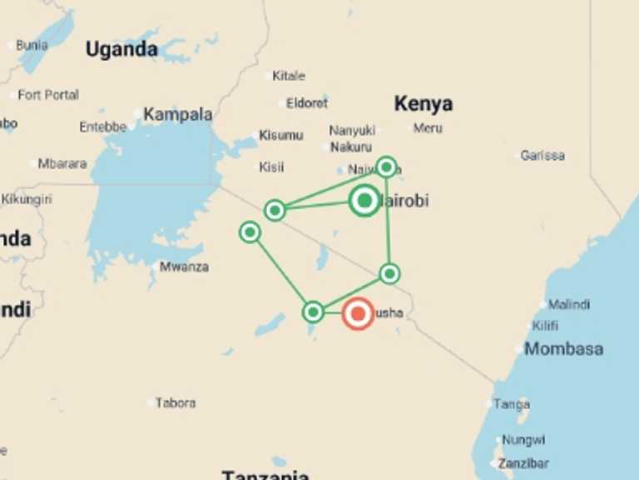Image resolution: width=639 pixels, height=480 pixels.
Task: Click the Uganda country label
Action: coord(121,49)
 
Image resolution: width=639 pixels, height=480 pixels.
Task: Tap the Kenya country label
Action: coord(424,103)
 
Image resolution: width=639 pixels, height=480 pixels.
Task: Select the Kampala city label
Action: coord(177,115)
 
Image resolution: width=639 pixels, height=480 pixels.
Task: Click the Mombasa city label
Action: coord(563,348)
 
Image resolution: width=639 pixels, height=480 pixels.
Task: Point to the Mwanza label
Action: coord(184,267)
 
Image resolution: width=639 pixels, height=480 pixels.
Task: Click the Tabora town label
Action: coord(175,402)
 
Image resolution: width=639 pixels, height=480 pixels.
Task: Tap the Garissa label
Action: coord(542,155)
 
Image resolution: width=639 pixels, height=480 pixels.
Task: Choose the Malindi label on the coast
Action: coord(569,304)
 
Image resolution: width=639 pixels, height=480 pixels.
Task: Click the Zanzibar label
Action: coord(523,463)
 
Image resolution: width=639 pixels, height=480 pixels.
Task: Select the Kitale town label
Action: coord(289,76)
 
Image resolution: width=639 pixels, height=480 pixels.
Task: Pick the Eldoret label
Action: coord(307,103)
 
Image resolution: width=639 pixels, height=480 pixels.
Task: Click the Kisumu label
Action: coord(280,135)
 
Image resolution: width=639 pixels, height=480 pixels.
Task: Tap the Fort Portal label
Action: coord(48,95)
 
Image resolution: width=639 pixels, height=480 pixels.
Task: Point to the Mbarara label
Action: coord(62,163)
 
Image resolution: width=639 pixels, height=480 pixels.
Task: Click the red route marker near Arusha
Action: coord(358,314)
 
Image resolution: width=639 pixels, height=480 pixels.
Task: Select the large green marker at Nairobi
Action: coord(364,201)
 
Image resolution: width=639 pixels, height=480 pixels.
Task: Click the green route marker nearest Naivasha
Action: coord(386,167)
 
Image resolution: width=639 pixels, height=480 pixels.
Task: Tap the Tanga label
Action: coord(511,404)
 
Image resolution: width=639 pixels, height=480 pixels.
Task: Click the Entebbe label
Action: coord(103,127)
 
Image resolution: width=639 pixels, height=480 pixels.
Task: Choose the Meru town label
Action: coord(428,128)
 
